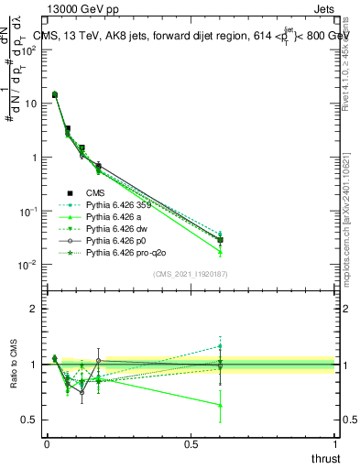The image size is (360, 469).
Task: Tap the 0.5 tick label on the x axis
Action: click(191, 443)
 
